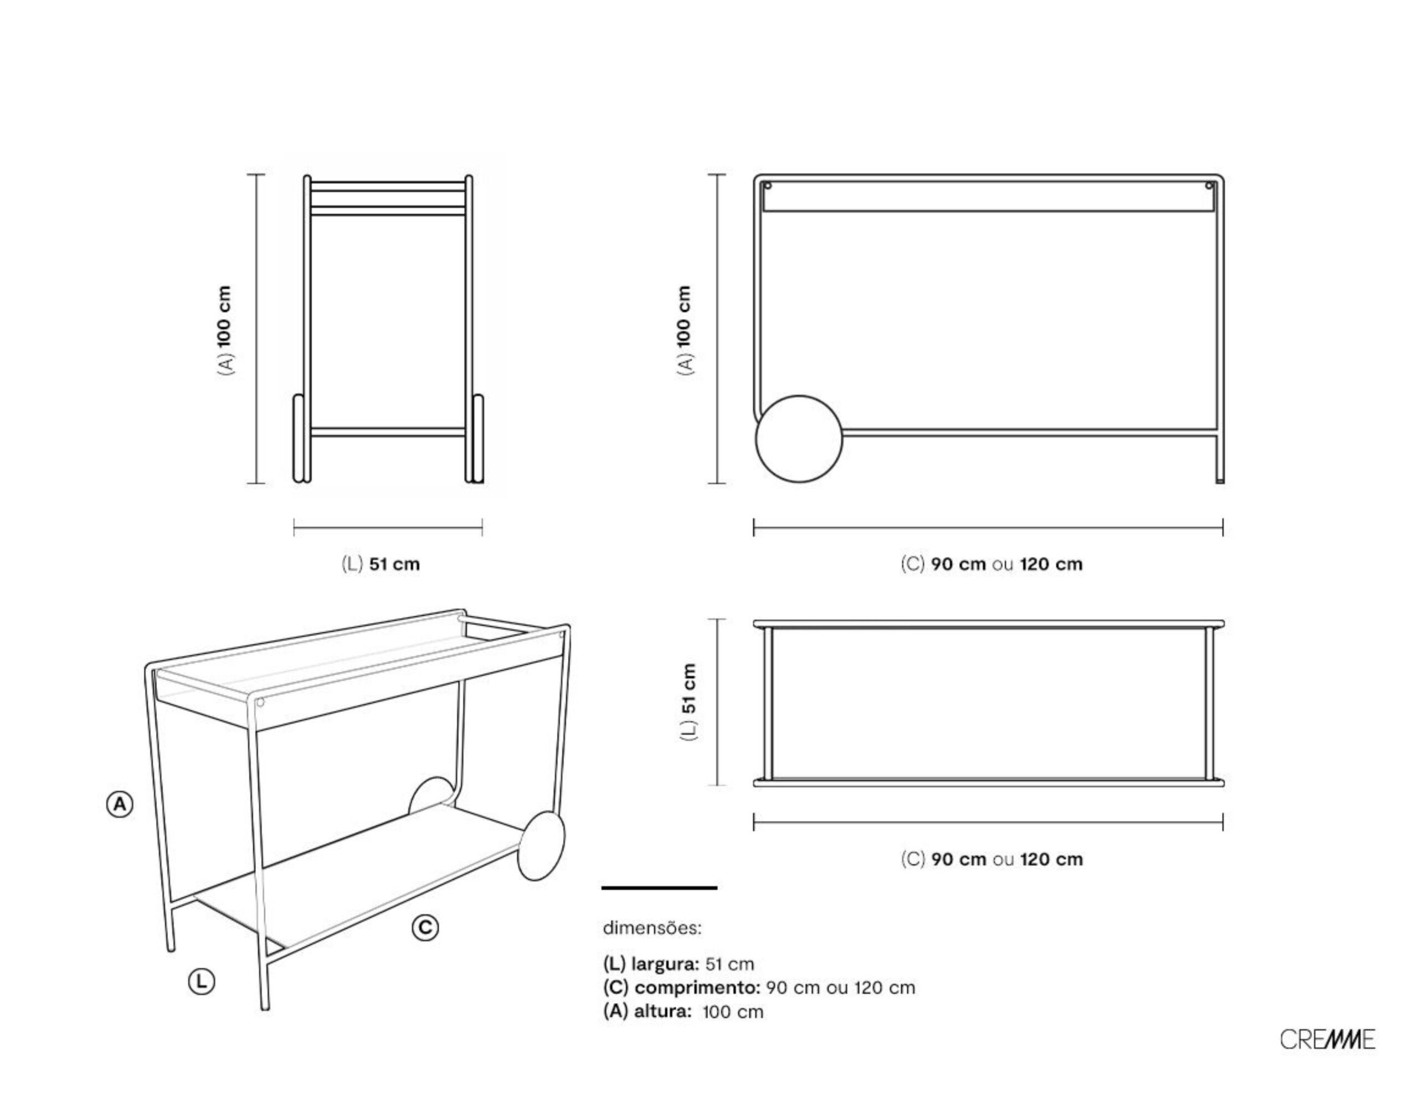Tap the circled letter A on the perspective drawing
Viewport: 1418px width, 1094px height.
(120, 805)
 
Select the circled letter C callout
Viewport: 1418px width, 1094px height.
(425, 927)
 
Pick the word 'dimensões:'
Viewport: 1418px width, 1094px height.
(652, 928)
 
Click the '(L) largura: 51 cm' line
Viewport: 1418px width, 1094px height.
(679, 963)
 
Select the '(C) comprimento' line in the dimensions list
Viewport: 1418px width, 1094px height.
(759, 988)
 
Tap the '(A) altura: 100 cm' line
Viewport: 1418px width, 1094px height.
(683, 1011)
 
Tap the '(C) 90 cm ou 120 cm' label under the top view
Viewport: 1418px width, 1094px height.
(991, 860)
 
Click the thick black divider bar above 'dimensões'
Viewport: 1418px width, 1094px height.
(660, 887)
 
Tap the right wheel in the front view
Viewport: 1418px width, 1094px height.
(477, 439)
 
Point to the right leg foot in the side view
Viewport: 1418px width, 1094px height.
(1220, 479)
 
